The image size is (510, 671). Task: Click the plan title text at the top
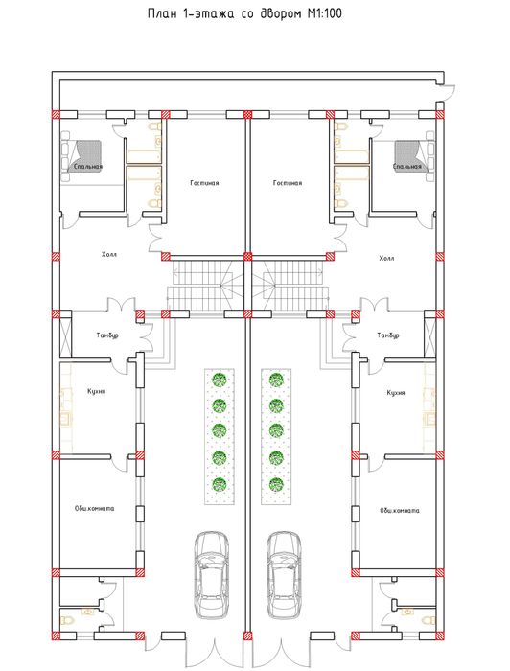(244, 13)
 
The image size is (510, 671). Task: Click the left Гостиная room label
(204, 183)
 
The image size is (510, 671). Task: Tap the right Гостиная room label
(288, 183)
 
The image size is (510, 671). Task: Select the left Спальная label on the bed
(88, 166)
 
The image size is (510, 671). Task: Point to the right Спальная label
(406, 166)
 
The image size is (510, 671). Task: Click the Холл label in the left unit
(109, 255)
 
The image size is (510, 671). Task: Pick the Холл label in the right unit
(386, 259)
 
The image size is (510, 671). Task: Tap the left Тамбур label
(107, 335)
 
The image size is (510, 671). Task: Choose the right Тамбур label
(388, 335)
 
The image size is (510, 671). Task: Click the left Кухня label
(96, 391)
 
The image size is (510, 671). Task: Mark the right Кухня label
(396, 393)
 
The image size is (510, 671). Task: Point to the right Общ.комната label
(400, 511)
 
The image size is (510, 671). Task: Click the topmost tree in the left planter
(220, 380)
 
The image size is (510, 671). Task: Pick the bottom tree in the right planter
(276, 484)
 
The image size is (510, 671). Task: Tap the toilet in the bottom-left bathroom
(67, 619)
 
